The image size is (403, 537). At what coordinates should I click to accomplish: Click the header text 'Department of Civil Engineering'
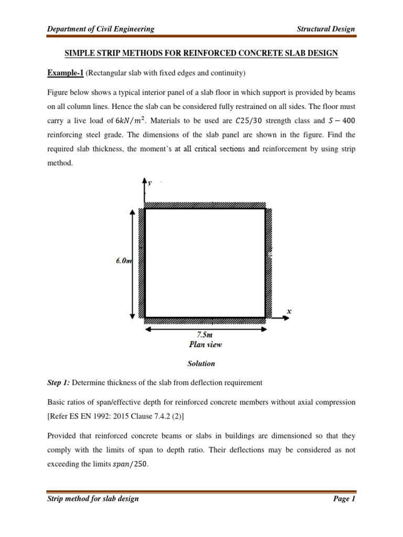100,29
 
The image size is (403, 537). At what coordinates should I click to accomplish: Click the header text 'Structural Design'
326,29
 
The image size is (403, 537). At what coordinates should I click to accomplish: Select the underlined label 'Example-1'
66,72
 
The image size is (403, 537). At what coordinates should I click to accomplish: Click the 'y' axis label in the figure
150,183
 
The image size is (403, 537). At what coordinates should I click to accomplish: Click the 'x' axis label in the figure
289,311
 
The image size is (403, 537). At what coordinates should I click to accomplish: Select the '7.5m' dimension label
205,335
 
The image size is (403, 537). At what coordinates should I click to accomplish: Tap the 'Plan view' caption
205,345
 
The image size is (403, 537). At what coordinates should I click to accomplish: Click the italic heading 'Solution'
201,363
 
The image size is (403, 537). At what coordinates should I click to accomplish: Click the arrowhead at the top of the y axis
144,180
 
